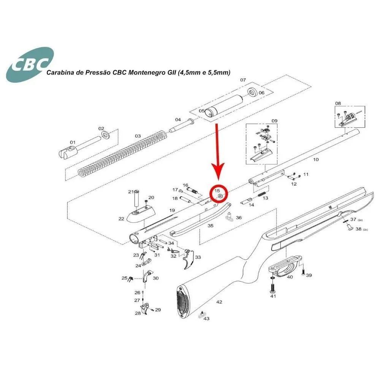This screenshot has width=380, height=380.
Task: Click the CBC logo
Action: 30,65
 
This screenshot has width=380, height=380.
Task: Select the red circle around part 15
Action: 218,193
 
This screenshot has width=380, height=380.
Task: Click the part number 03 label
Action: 138,136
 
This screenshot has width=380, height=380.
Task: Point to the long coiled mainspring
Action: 122,154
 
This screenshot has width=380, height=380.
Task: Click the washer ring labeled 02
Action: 106,135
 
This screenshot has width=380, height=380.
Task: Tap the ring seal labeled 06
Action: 253,92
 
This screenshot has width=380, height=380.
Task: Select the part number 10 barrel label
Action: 316,160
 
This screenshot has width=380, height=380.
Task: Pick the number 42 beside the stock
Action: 219,302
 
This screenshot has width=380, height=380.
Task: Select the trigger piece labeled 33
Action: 189,259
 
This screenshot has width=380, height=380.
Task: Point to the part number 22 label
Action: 121,219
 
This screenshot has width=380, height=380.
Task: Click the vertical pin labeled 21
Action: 136,199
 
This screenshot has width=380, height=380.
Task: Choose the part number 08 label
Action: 338,103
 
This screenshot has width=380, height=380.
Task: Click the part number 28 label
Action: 138,313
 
